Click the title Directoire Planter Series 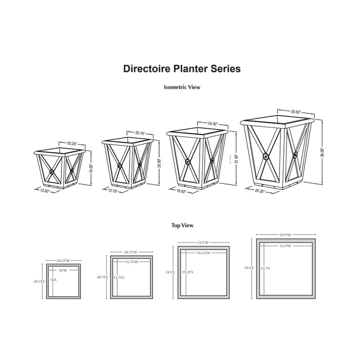[x=182, y=69]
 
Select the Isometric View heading [x=182, y=87]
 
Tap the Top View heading [x=182, y=225]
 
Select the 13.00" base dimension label [x=45, y=191]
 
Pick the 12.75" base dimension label [x=113, y=191]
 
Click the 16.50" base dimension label [x=181, y=191]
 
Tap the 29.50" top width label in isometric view [x=296, y=112]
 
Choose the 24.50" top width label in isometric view [x=212, y=124]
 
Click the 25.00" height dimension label [x=159, y=163]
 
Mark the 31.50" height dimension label [x=236, y=159]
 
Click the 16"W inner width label [x=63, y=270]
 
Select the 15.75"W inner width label [x=131, y=262]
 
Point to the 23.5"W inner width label [x=285, y=246]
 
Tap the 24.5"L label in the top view [x=170, y=272]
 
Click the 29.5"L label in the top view [x=249, y=268]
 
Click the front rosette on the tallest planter [x=266, y=157]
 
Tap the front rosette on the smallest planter [x=51, y=172]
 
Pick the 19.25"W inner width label [x=203, y=253]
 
